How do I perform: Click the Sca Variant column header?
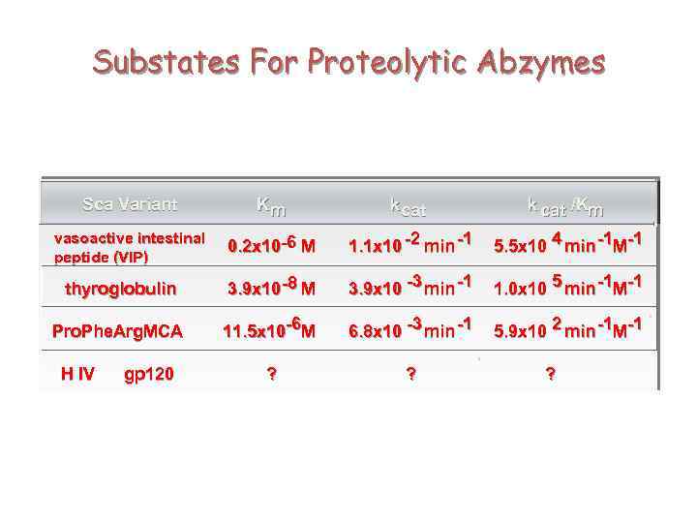tap(130, 204)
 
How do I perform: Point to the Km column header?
tap(271, 205)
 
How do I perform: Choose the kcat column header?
tap(408, 205)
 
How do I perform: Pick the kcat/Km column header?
tap(565, 205)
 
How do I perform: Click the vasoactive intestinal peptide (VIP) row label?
tap(130, 248)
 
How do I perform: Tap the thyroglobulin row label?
tap(121, 289)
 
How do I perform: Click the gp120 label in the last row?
tap(149, 375)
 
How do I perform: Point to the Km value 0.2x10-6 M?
tap(271, 246)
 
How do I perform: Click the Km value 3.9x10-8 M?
tap(271, 288)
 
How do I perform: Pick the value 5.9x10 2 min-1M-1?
tap(567, 330)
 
